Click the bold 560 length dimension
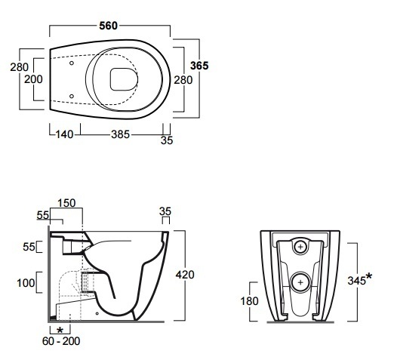(108, 26)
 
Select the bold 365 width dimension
(199, 66)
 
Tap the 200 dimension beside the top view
(33, 79)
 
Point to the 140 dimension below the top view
(64, 134)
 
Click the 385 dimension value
(120, 134)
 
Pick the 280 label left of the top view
(20, 67)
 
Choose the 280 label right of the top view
(183, 80)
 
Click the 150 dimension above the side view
(66, 203)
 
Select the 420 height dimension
(185, 275)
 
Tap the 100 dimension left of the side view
(26, 283)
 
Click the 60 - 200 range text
(61, 341)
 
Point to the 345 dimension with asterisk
(359, 279)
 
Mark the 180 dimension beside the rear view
(249, 301)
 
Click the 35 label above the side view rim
(165, 211)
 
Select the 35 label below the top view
(167, 140)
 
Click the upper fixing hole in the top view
(72, 63)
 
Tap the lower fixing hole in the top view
(72, 96)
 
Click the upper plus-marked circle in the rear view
(300, 247)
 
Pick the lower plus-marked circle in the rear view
(300, 282)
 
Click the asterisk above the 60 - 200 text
(60, 330)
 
